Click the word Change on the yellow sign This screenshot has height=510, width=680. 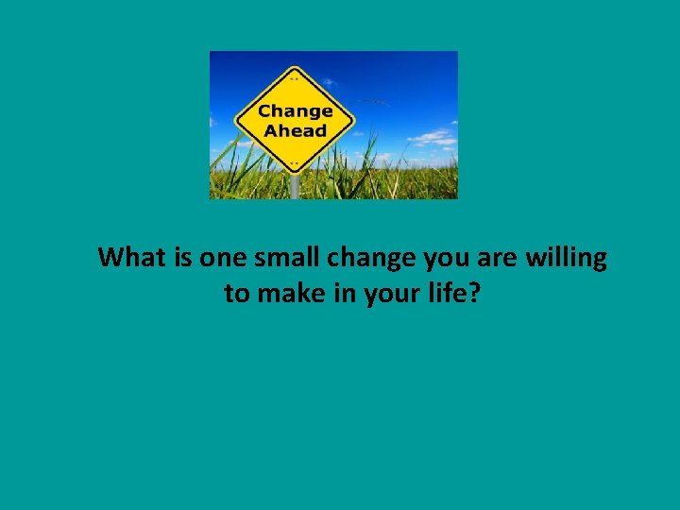tap(295, 111)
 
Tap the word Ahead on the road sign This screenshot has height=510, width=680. tap(295, 131)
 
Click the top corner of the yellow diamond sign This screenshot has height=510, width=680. tap(295, 68)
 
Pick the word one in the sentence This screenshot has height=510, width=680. tap(222, 257)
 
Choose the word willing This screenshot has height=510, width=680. tap(563, 258)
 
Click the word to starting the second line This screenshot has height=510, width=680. tap(236, 294)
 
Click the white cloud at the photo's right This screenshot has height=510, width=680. tap(433, 138)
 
